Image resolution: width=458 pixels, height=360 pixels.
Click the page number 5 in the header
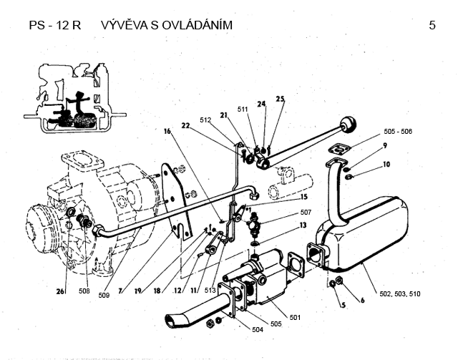pyautogui.click(x=432, y=26)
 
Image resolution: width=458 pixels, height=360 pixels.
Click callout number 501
pyautogui.click(x=294, y=317)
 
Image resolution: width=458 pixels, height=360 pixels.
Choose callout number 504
pyautogui.click(x=258, y=329)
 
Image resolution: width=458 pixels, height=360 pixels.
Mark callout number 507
pyautogui.click(x=306, y=213)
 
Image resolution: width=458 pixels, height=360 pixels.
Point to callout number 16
pyautogui.click(x=167, y=132)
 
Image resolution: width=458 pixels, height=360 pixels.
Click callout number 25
pyautogui.click(x=280, y=99)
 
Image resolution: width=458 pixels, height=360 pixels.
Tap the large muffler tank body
pyautogui.click(x=366, y=229)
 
